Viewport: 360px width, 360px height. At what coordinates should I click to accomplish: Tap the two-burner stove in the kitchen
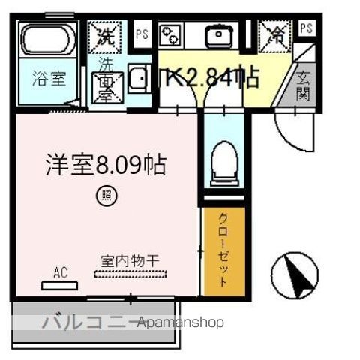171,34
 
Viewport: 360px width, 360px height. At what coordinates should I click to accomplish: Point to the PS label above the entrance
306,28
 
